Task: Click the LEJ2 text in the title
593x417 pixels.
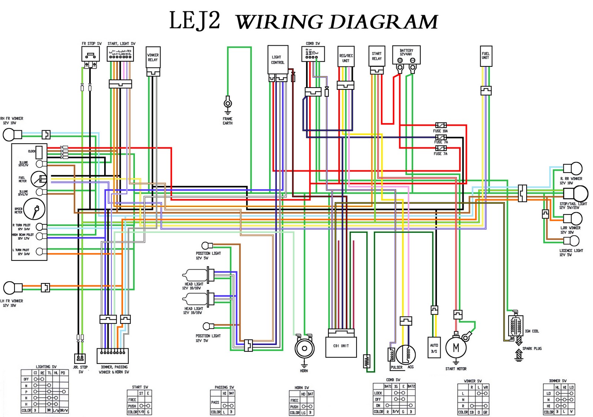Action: [x=195, y=21]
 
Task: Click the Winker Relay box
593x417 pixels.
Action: [x=153, y=58]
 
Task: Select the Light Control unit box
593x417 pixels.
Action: [x=278, y=60]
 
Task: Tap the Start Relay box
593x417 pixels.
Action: [x=377, y=56]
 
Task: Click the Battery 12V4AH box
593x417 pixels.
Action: [x=406, y=55]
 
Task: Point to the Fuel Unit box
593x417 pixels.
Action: [x=486, y=56]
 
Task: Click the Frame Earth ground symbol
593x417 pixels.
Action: [x=228, y=103]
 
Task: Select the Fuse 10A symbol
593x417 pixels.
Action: [x=441, y=125]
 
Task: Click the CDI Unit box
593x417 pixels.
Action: [x=341, y=347]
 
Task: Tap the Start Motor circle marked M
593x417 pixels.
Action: [x=456, y=348]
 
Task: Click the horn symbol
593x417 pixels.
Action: [x=304, y=348]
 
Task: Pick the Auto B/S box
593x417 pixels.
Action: [x=434, y=348]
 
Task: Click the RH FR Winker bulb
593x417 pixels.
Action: [x=9, y=135]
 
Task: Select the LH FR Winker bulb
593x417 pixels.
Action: [x=10, y=288]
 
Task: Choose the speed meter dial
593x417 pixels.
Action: [x=34, y=209]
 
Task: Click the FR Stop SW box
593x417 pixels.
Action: [x=91, y=54]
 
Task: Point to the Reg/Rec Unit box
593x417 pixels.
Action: [x=346, y=57]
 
